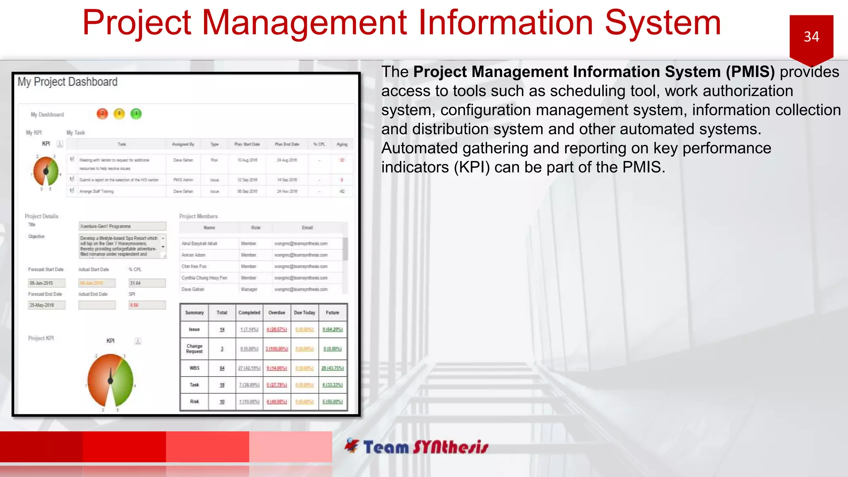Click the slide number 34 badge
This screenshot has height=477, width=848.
pyautogui.click(x=811, y=37)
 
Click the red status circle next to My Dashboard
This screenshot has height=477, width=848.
pyautogui.click(x=102, y=113)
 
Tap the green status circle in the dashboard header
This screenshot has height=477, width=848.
pyautogui.click(x=136, y=113)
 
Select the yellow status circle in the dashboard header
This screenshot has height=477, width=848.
pyautogui.click(x=119, y=113)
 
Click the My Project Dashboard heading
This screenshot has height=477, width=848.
pyautogui.click(x=67, y=82)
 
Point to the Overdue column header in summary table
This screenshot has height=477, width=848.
pyautogui.click(x=277, y=313)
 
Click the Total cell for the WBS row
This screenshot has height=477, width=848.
pyautogui.click(x=222, y=368)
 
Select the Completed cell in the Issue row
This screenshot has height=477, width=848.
pyautogui.click(x=249, y=330)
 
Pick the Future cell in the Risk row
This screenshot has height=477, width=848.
pyautogui.click(x=332, y=402)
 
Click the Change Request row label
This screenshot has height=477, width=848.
pyautogui.click(x=194, y=349)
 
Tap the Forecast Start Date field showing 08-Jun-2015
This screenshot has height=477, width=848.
pyautogui.click(x=46, y=283)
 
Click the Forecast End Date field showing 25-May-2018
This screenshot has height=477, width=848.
pyautogui.click(x=46, y=305)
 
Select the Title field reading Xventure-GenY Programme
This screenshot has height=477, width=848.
pyautogui.click(x=123, y=226)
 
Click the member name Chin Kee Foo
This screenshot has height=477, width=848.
pyautogui.click(x=194, y=267)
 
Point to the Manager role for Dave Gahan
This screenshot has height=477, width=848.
pyautogui.click(x=249, y=289)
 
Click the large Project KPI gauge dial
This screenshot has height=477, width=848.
pyautogui.click(x=111, y=380)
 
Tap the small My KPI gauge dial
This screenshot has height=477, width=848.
pyautogui.click(x=46, y=171)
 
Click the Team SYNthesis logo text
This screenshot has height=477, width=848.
pyautogui.click(x=425, y=447)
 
